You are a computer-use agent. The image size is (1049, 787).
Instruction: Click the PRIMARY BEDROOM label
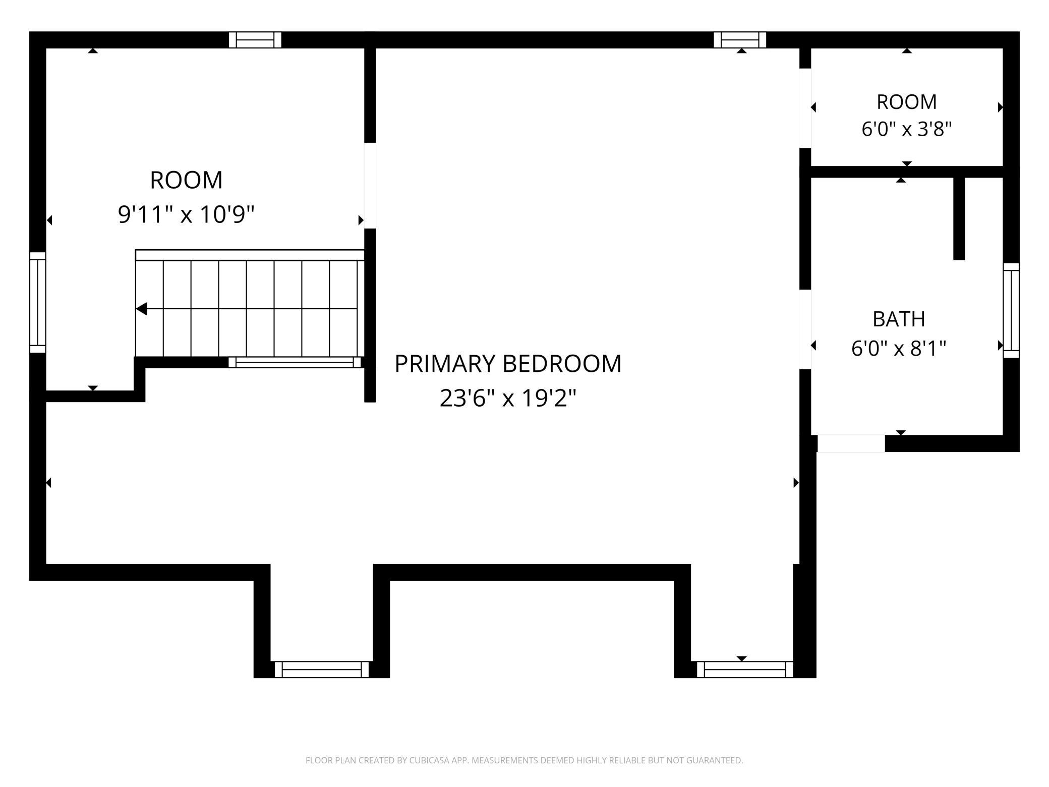coord(508,364)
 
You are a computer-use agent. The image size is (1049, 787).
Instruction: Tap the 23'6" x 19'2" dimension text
coord(508,398)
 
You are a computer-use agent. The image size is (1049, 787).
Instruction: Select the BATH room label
coord(899,319)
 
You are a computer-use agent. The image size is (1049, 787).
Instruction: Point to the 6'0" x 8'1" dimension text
coord(899,348)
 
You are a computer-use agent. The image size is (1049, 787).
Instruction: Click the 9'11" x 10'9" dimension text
coord(186,214)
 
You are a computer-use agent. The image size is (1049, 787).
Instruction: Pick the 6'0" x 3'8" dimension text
coord(906,129)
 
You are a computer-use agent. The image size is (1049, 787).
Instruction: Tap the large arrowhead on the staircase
coord(142,309)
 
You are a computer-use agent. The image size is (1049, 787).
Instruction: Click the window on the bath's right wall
coord(1011,310)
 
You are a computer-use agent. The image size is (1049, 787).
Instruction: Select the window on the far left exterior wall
coord(38,302)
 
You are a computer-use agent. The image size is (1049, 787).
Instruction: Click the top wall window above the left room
coord(255,40)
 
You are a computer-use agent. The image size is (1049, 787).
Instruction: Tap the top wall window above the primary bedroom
coord(740,40)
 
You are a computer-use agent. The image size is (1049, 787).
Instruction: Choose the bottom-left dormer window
coord(322,669)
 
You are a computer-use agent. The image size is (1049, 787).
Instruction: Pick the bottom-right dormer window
coord(745,669)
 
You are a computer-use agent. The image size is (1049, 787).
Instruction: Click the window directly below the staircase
coord(295,362)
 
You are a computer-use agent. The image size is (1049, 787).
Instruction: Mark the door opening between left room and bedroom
coord(370,186)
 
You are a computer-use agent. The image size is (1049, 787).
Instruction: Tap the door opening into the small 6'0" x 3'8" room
coord(805,108)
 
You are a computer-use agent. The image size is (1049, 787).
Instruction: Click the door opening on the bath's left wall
coord(805,329)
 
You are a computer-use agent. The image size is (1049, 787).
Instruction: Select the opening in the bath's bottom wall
coord(851,443)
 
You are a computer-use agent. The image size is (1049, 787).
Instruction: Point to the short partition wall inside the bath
coord(959,218)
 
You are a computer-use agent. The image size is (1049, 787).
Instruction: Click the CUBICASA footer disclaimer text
coord(524,760)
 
